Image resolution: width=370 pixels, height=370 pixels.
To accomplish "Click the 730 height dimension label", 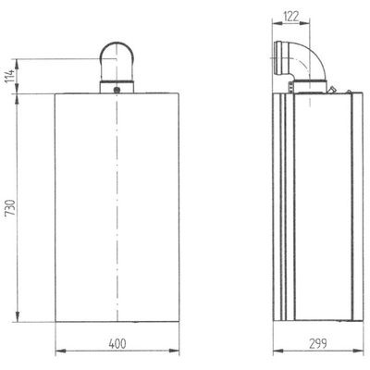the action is point(10,207).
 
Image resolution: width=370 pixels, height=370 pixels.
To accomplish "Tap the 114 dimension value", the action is point(10,76).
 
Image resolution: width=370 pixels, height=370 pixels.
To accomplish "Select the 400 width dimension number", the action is point(117,343).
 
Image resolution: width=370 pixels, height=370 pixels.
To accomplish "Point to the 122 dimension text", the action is point(290,17).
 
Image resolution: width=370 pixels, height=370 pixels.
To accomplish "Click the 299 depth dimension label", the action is point(318,343).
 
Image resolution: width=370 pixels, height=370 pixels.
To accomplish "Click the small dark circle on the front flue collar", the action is point(117,90).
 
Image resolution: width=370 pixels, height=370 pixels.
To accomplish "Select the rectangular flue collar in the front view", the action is point(117,87).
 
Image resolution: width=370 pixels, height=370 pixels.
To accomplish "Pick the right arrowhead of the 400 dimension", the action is point(174,351).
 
